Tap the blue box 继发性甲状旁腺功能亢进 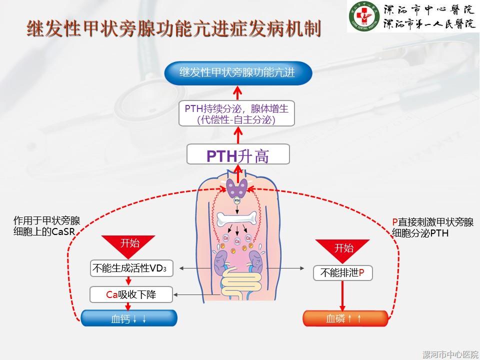tap(238, 73)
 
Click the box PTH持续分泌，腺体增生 tap(237, 113)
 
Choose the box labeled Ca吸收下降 tap(131, 294)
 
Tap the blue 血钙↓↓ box tap(129, 318)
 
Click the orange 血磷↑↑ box tap(345, 318)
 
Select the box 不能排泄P tap(342, 272)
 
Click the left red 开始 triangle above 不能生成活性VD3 tap(129, 245)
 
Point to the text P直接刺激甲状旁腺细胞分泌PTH tap(432, 227)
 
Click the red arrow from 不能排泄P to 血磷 tap(342, 295)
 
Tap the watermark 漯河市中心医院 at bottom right tap(449, 354)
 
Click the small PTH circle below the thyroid tap(237, 201)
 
